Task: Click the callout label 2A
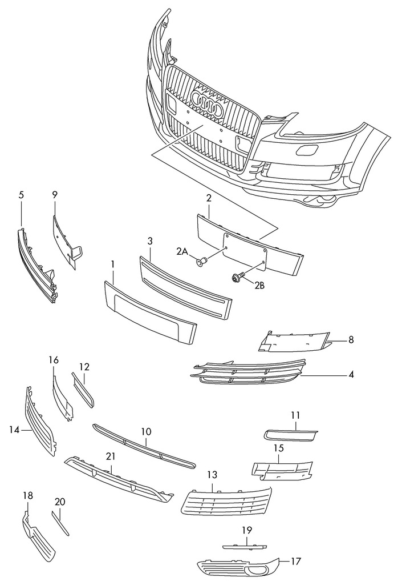[182, 252]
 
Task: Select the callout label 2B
[259, 286]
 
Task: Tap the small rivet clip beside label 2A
[201, 262]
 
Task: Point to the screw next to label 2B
[236, 278]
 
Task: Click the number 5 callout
[21, 195]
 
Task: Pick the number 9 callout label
[55, 195]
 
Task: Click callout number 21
[111, 456]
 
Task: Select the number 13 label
[212, 475]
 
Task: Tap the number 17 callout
[295, 562]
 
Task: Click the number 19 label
[246, 530]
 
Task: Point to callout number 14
[13, 430]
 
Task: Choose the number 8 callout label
[351, 340]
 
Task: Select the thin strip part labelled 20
[61, 523]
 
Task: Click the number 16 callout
[54, 360]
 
